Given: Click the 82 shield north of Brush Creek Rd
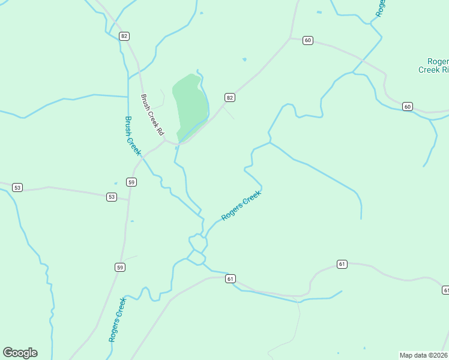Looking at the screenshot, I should tap(124, 36).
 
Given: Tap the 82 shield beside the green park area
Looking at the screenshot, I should tap(230, 97).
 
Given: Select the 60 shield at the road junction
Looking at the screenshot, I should tap(308, 40).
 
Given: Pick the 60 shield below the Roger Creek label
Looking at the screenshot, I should tap(408, 107).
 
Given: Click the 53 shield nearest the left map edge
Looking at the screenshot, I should tap(17, 188).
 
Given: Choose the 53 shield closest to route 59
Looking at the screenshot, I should tap(111, 197).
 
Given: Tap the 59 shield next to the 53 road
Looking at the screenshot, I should tap(131, 182).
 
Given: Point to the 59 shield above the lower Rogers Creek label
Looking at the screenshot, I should tap(121, 267).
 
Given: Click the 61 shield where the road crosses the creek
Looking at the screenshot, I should tap(231, 278).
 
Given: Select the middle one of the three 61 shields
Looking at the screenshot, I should tap(342, 264).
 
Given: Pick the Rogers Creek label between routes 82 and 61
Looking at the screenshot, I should tap(241, 206).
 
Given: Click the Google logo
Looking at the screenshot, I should tap(20, 353).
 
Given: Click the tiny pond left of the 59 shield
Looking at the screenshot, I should tap(116, 183).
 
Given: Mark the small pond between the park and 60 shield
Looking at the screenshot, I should tap(244, 59).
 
